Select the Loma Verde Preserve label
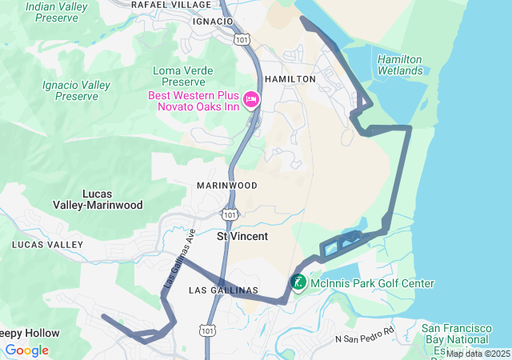coord(182,76)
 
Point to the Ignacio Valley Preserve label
coord(77,90)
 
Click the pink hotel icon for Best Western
coord(251,99)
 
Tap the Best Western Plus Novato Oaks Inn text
coord(194,102)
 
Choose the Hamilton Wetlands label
coord(400,65)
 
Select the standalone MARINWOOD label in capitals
coord(227,186)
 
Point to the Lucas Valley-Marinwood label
coord(101,199)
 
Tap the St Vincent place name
coord(242,237)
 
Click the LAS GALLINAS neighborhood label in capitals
coord(224,289)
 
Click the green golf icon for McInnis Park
coord(298,283)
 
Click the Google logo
coord(26,350)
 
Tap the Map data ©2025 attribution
coord(478,354)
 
